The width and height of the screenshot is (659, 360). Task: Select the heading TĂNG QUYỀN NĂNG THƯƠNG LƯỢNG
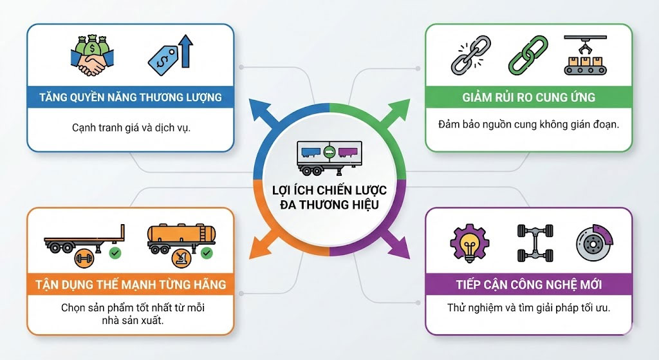coord(131,98)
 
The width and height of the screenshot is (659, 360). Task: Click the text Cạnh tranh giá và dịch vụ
coord(131,128)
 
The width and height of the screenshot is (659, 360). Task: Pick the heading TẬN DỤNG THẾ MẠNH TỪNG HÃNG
coord(131,284)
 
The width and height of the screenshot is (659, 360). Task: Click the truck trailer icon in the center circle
coord(329,156)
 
